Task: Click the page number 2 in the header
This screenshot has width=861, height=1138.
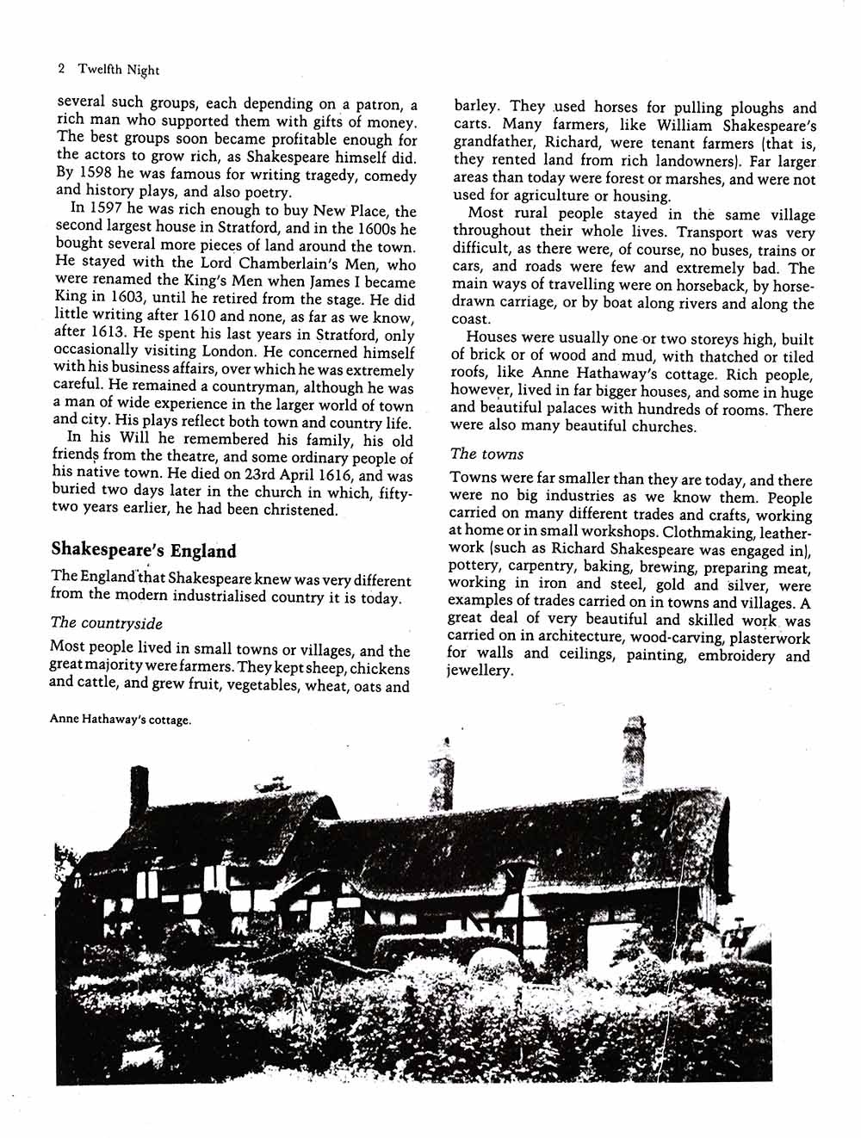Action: point(60,70)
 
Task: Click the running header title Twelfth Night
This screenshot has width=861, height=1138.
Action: point(119,71)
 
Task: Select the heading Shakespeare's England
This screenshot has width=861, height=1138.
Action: point(143,550)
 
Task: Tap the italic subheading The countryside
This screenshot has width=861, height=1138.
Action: point(106,622)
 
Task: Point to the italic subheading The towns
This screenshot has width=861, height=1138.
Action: point(486,454)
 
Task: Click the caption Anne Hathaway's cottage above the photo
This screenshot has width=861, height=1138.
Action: point(120,720)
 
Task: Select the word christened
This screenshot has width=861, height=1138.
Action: point(297,510)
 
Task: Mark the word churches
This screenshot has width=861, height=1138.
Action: point(660,426)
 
